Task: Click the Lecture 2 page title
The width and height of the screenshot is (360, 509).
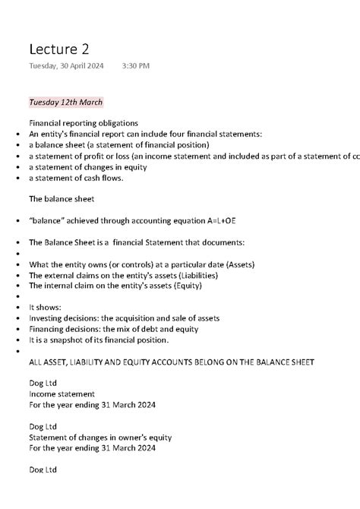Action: (58, 49)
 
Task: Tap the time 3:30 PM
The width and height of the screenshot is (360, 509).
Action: (135, 66)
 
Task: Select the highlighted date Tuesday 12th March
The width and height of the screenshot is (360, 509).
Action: (65, 102)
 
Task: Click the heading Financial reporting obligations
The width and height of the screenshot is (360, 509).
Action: (84, 122)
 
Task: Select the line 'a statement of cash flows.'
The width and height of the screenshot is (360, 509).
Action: (76, 178)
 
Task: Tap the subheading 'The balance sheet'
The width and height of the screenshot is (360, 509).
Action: (62, 199)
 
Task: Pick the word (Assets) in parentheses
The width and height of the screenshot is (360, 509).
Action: (237, 264)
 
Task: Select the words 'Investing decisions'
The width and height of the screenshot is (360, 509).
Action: (63, 318)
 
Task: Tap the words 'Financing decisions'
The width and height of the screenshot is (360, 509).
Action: (64, 329)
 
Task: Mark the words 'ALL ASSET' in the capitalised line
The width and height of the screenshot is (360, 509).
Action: (47, 362)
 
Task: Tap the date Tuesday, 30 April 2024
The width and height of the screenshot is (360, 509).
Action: (67, 66)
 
